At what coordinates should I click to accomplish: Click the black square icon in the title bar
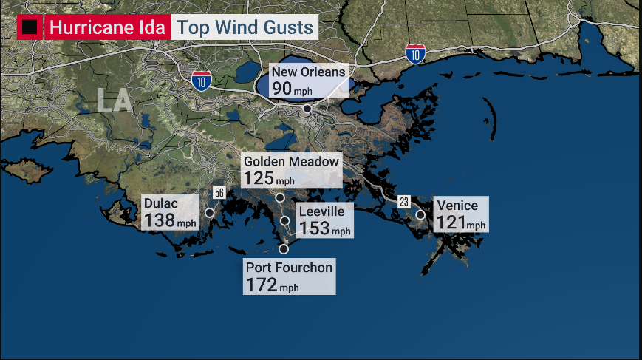[30, 28]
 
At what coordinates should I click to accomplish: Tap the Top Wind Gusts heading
[245, 28]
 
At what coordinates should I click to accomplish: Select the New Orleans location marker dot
[307, 109]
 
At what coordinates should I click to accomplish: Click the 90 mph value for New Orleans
[292, 89]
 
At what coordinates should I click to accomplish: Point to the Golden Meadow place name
[291, 161]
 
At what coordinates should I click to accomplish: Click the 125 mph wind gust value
[269, 178]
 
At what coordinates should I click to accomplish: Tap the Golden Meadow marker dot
[280, 197]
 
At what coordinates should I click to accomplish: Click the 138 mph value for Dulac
[170, 220]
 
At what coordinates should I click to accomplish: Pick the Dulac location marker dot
[209, 213]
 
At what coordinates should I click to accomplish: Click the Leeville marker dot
[285, 220]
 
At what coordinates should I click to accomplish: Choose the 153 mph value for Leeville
[324, 228]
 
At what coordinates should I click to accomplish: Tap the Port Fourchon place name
[289, 268]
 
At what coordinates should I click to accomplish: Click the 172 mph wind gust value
[272, 285]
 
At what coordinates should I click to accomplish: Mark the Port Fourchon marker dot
[283, 248]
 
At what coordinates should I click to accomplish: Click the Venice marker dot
[420, 215]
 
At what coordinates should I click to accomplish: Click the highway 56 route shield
[219, 193]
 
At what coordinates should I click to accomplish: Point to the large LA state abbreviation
[115, 101]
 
